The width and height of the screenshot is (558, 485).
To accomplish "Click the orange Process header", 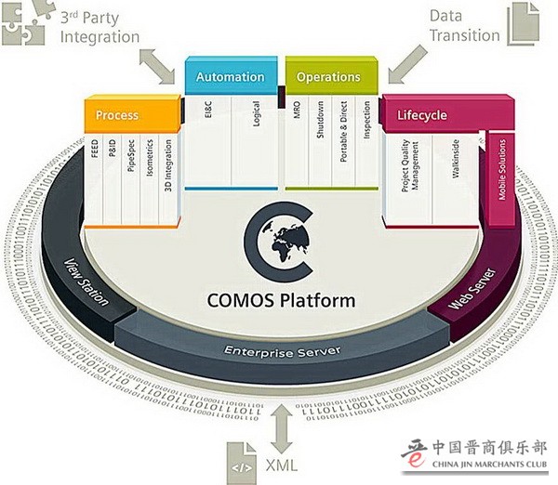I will pyautogui.click(x=117, y=115).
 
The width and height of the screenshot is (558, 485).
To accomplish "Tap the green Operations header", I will pyautogui.click(x=328, y=77).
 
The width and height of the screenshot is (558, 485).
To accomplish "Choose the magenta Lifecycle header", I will pyautogui.click(x=422, y=115).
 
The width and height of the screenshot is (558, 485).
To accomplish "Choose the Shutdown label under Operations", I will pyautogui.click(x=320, y=122).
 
